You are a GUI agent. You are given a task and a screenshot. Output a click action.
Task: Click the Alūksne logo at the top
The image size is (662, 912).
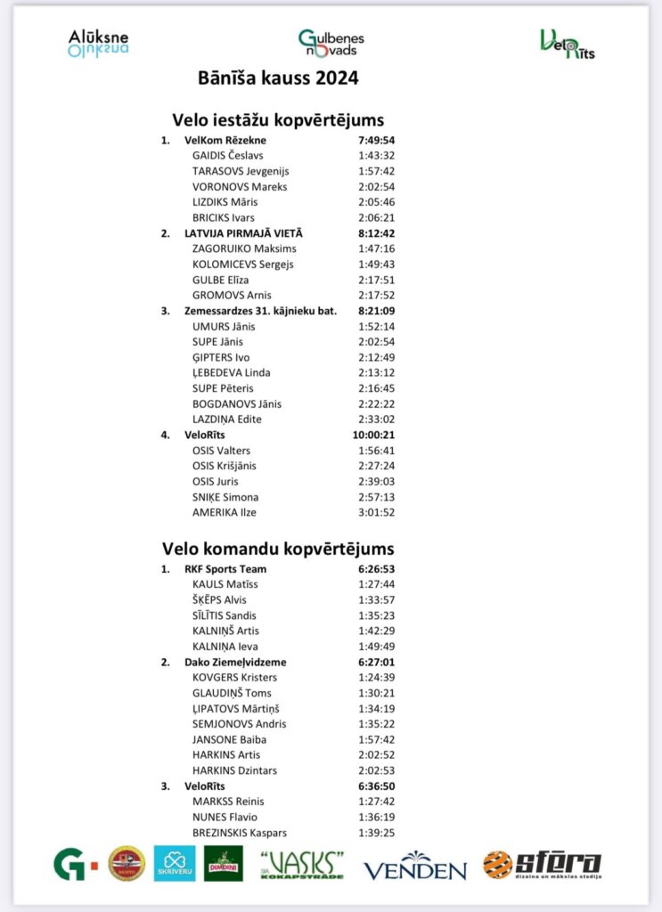(98, 43)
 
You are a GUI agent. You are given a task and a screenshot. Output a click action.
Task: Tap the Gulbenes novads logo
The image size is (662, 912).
(331, 43)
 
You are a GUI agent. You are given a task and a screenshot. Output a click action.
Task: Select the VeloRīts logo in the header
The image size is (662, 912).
(567, 44)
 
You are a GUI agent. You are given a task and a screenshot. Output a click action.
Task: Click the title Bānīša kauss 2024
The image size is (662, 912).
(278, 78)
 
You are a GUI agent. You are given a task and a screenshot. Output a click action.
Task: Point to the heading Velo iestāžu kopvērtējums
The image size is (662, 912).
(277, 119)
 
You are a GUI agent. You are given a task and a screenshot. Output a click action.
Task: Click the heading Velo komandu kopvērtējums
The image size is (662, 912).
(278, 549)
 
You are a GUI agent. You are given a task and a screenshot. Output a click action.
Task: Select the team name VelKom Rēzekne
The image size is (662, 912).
(225, 140)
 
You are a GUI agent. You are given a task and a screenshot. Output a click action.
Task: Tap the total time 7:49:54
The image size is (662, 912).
(376, 140)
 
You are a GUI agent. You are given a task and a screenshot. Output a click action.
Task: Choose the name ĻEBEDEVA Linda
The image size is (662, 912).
(231, 372)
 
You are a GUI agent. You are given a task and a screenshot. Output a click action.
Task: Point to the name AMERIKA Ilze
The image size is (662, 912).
(225, 512)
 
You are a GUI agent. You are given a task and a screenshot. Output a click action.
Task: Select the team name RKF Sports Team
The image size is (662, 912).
(225, 569)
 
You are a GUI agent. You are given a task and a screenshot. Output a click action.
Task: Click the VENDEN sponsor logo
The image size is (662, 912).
(414, 867)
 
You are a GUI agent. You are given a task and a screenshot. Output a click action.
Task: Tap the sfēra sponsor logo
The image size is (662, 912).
(542, 864)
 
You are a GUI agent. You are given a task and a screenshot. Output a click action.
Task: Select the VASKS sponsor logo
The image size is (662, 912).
(302, 864)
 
